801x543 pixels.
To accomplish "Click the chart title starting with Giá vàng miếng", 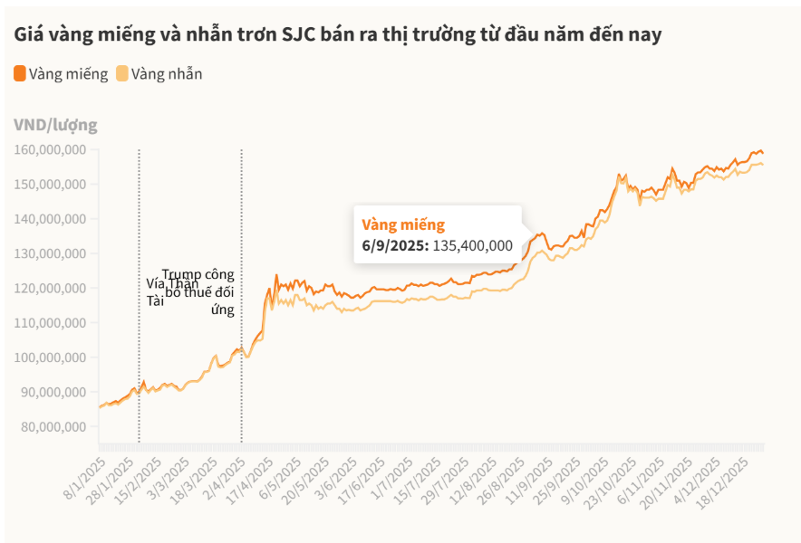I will pos(337,35).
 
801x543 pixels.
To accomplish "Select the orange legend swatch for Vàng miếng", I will pos(20,73).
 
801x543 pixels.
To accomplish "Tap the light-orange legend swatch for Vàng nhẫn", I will pos(122,73).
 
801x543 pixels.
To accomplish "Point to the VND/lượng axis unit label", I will pos(55,125).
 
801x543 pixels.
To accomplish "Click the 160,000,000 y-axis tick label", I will pos(51,149).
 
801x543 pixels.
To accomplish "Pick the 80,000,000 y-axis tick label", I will pos(51,426).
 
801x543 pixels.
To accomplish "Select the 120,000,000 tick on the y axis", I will pos(51,288).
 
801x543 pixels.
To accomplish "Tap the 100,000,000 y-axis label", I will pos(51,357).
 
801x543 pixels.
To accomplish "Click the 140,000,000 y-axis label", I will pos(51,219).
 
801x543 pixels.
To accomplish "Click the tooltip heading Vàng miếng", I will pos(403,224).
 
